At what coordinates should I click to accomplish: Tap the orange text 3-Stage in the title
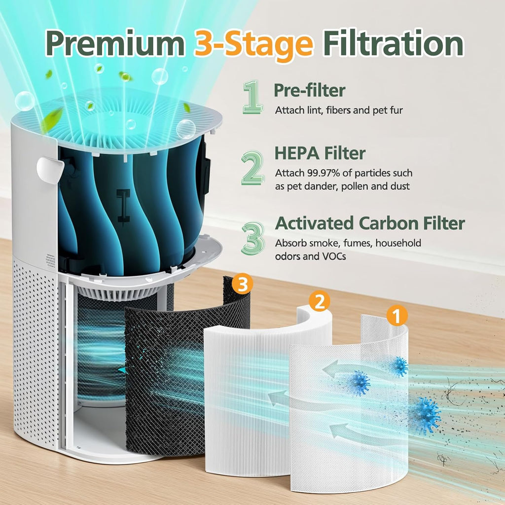254,45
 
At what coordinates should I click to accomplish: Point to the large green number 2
252,168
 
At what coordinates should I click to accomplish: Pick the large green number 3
252,238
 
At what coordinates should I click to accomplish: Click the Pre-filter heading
309,91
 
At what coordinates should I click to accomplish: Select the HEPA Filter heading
320,153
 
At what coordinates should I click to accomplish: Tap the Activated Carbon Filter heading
370,223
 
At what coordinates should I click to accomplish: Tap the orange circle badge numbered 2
320,301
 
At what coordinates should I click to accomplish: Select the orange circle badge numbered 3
243,285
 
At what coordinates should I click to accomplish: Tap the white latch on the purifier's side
50,169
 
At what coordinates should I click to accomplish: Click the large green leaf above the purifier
52,119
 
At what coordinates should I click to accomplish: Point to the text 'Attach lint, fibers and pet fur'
339,110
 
